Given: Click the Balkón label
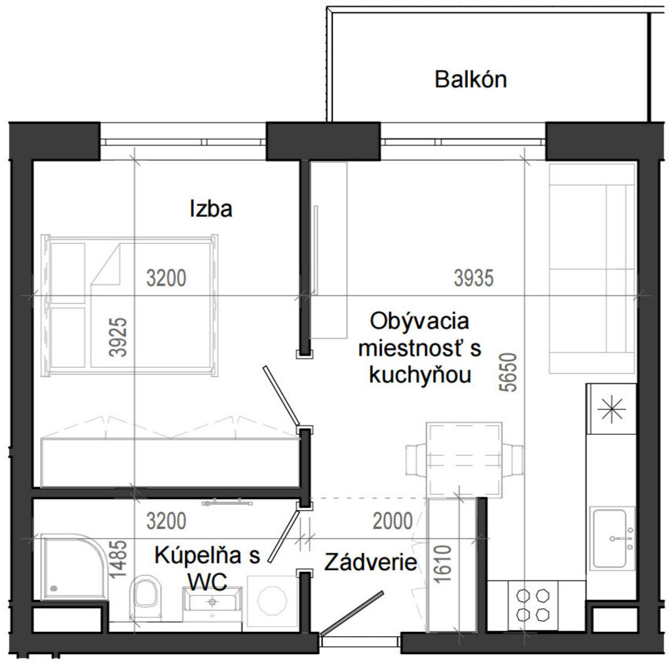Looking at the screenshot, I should (x=470, y=80).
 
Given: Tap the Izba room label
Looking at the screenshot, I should (x=211, y=209).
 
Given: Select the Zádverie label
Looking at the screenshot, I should (x=371, y=563).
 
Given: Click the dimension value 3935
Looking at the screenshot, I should (x=473, y=278).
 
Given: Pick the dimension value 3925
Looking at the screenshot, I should (x=119, y=337).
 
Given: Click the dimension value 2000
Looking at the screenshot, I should (x=392, y=521).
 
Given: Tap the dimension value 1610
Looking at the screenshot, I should (x=443, y=564).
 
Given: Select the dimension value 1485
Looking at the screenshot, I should (x=119, y=559).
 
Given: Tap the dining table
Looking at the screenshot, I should (x=464, y=459).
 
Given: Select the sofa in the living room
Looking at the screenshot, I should (x=592, y=269).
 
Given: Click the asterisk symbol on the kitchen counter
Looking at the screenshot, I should (x=611, y=408).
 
